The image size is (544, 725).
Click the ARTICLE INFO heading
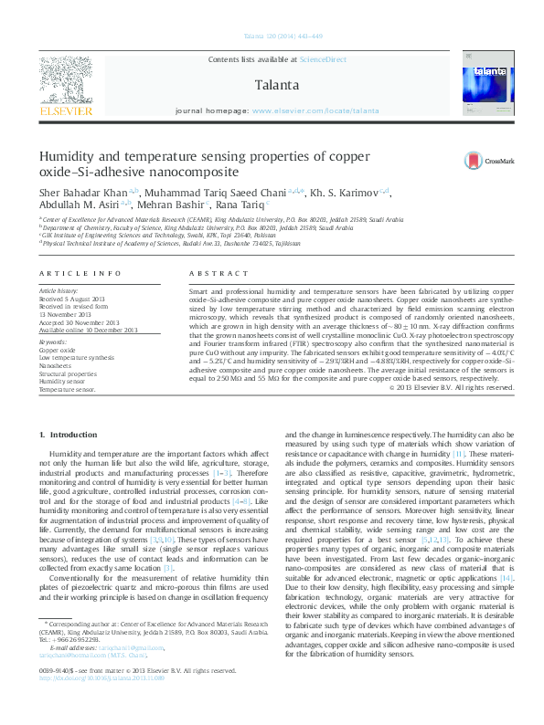(x=80, y=274)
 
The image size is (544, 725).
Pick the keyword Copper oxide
(x=57, y=350)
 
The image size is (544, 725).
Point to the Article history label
(x=58, y=290)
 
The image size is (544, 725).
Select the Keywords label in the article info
(x=54, y=342)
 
